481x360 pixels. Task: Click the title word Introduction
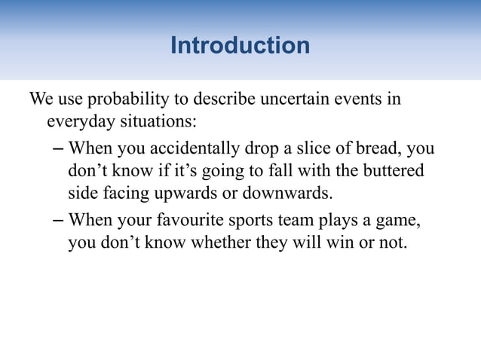[240, 46]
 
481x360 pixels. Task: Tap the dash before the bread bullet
[59, 148]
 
